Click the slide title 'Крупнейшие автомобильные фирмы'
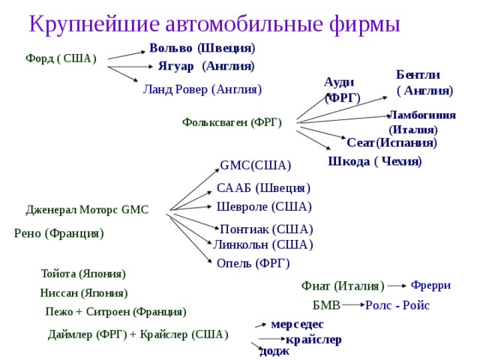[214, 23]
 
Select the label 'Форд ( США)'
[61, 58]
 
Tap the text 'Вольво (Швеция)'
[202, 48]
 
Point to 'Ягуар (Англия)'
[205, 66]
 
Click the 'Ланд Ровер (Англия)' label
[202, 90]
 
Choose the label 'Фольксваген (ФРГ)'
[232, 123]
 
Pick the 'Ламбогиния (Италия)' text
[421, 121]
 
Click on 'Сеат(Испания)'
[391, 142]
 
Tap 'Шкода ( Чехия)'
[375, 162]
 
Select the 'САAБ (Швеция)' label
[263, 187]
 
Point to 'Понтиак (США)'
[266, 229]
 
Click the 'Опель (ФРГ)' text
[253, 263]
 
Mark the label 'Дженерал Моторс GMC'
[87, 210]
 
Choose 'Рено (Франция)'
[58, 234]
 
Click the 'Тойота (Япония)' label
[83, 274]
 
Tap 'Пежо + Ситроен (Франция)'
[115, 311]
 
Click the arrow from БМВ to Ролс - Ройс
[352, 305]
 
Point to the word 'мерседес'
[297, 324]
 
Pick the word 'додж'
[274, 351]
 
